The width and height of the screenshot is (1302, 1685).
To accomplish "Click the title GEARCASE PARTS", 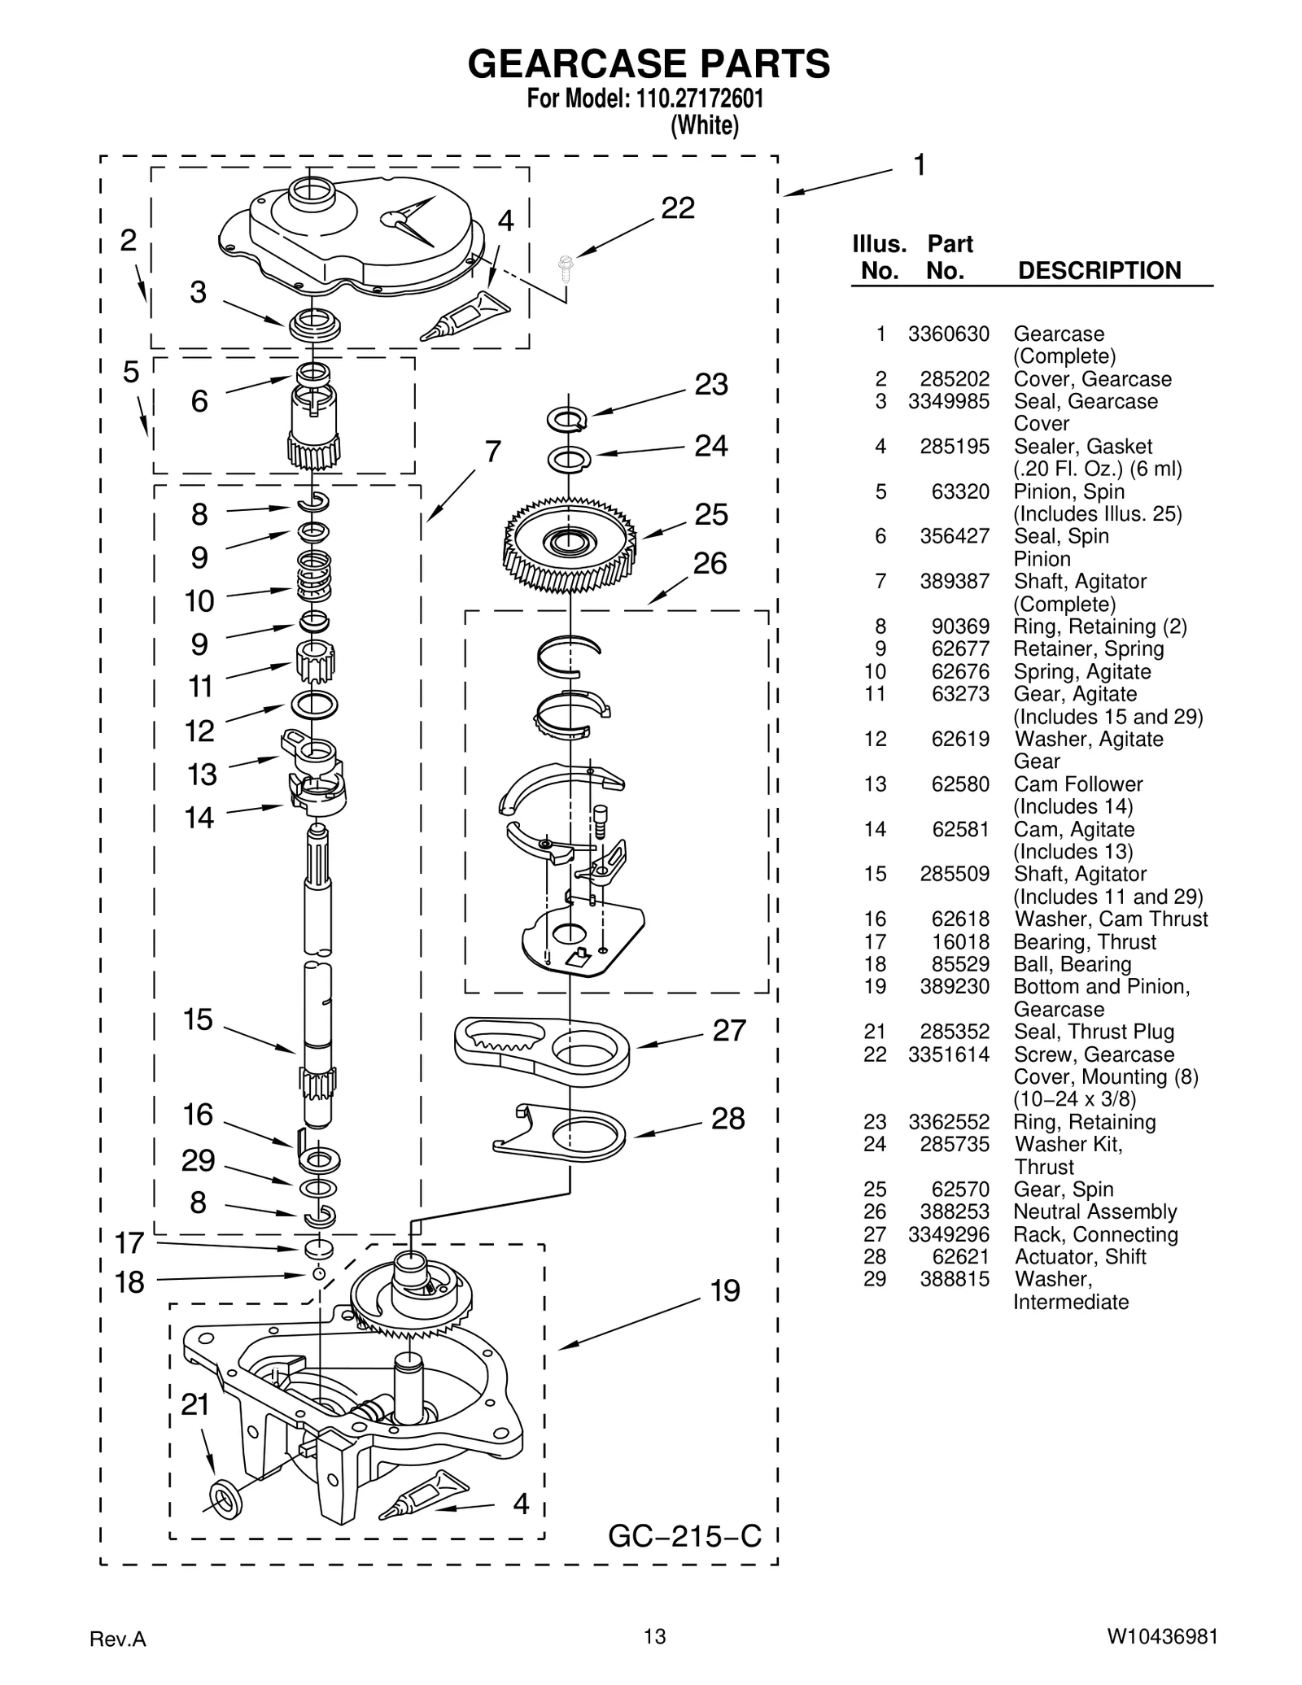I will click(x=649, y=63).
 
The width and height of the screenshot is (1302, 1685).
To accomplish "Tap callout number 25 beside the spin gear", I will click(x=711, y=514).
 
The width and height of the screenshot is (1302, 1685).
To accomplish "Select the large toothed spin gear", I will click(x=570, y=543).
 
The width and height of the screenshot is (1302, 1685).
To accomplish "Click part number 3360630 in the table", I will click(x=949, y=334).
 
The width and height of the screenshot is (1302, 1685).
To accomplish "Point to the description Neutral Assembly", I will click(x=1094, y=1211).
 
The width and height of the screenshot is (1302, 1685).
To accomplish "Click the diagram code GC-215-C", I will click(x=684, y=1535).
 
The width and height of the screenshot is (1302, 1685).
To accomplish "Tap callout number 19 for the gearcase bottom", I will click(x=725, y=1290).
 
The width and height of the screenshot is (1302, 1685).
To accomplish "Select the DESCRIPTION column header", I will click(x=1099, y=271).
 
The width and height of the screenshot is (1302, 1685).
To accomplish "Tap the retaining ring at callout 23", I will click(x=566, y=419).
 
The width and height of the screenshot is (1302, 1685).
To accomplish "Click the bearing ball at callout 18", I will click(x=319, y=1274).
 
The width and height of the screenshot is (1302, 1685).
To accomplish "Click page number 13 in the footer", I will click(x=654, y=1636).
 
